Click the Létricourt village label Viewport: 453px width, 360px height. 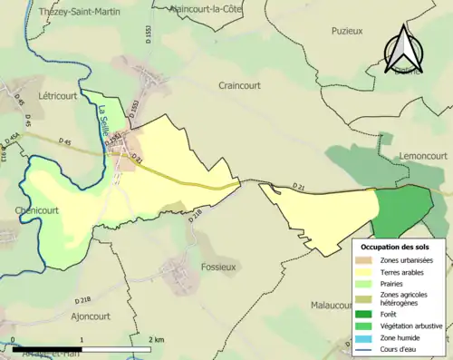tap(58, 94)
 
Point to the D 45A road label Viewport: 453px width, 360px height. tap(12, 137)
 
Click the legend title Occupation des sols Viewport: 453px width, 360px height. tap(397, 246)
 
